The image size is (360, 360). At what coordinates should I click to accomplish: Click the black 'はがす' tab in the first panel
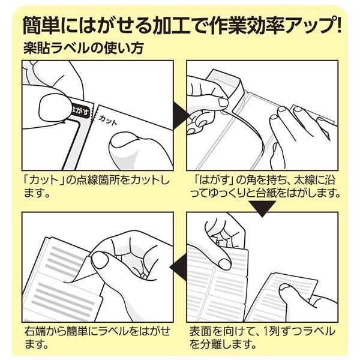pyautogui.click(x=79, y=111)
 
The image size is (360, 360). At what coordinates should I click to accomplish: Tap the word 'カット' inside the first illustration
pyautogui.click(x=108, y=120)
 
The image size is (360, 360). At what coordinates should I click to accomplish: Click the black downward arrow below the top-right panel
pyautogui.click(x=262, y=208)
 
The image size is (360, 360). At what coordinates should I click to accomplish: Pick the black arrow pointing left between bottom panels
pyautogui.click(x=178, y=267)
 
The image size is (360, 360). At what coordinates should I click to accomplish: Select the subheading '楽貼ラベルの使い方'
pyautogui.click(x=84, y=48)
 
